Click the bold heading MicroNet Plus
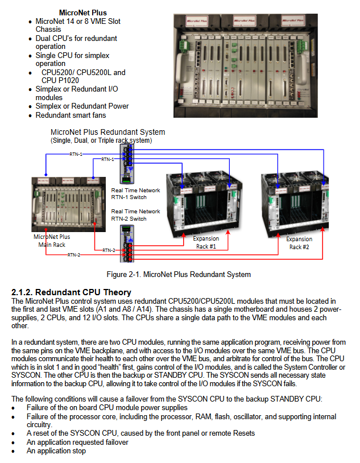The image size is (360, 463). coord(83,13)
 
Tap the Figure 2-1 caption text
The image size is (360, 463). coord(179,275)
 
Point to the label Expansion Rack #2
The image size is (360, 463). coord(299,243)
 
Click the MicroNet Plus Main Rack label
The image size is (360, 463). coord(52,241)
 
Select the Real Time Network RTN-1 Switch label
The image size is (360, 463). coord(135,194)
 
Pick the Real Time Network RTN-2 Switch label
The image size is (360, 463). coord(135,215)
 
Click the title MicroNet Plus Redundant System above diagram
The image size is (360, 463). coord(107,133)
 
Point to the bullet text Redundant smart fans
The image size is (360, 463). coord(71,115)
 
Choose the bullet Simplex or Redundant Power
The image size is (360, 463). coord(82,106)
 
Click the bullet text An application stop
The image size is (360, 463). coord(56,451)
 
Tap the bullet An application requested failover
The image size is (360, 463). coord(77,442)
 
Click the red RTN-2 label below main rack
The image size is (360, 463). coord(74,255)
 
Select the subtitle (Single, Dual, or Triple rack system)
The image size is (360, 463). coord(101,140)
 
